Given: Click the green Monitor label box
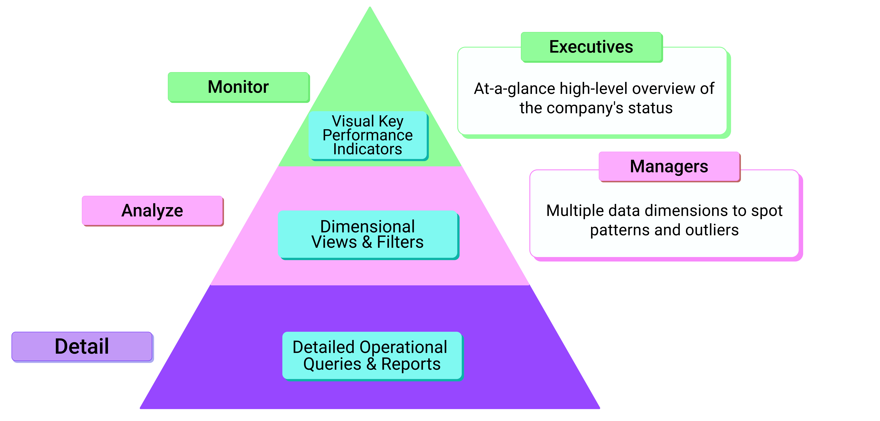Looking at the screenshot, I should [x=238, y=87].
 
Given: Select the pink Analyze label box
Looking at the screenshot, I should [x=152, y=210].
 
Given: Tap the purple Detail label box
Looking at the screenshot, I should [x=82, y=346].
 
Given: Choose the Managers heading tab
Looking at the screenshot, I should [x=669, y=166].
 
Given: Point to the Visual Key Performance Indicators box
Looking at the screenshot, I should [x=368, y=135].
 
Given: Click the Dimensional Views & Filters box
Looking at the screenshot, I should [x=368, y=234].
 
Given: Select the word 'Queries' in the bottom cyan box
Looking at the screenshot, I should [x=332, y=364].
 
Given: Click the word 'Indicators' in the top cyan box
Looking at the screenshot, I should [x=368, y=149].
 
